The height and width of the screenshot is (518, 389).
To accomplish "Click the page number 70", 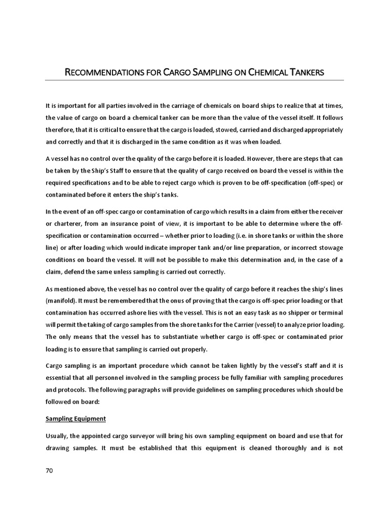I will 49,470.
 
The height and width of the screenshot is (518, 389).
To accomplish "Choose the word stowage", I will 329,248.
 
